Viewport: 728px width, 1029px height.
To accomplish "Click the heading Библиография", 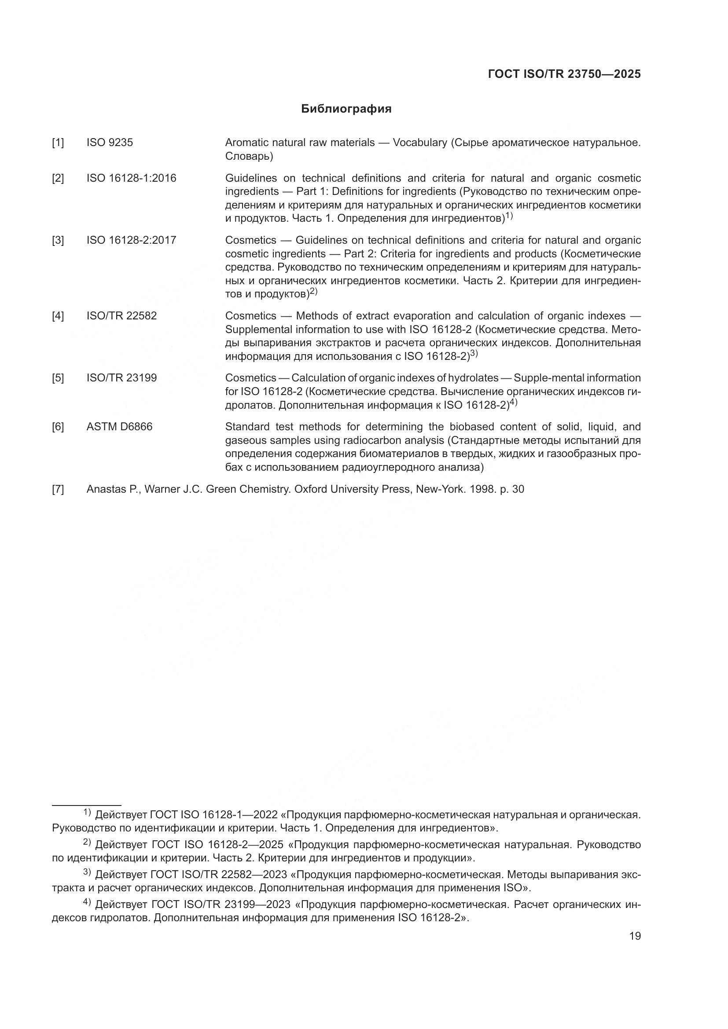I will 346,109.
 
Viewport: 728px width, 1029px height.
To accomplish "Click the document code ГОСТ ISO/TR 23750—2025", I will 564,74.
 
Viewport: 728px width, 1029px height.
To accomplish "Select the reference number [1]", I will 58,143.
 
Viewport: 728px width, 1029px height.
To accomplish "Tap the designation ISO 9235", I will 110,143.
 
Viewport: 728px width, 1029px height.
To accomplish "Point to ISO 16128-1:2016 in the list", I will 131,178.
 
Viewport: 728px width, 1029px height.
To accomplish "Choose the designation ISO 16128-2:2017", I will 131,240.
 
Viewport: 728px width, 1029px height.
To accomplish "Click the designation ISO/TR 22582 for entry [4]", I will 121,316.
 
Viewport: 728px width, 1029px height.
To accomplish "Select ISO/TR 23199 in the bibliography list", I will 121,378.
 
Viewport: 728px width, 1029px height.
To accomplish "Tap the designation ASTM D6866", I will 119,427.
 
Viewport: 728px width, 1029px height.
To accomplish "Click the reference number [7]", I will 58,489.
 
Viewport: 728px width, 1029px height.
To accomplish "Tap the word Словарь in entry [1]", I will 247,157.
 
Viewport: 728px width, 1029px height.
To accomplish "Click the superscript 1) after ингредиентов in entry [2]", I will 509,216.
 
